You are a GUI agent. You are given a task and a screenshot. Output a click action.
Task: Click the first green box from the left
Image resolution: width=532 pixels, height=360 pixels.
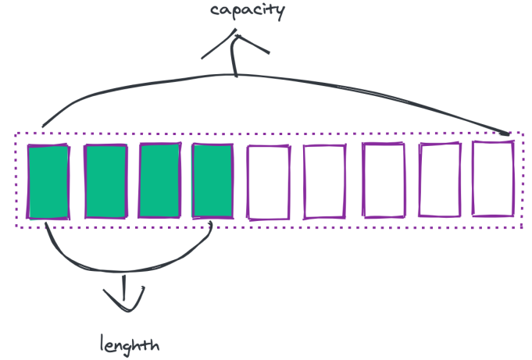pyautogui.click(x=48, y=181)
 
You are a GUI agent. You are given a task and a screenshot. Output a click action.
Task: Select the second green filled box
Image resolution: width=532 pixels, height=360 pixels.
pyautogui.click(x=105, y=181)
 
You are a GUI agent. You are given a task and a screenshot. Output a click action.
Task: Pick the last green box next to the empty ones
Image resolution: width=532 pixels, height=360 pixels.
pyautogui.click(x=212, y=181)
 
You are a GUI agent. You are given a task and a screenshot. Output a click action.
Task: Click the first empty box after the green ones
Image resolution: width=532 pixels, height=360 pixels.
pyautogui.click(x=268, y=181)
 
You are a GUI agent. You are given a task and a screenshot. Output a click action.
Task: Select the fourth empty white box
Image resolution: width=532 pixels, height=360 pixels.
pyautogui.click(x=439, y=181)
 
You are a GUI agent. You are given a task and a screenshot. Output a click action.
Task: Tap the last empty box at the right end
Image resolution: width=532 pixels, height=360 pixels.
pyautogui.click(x=494, y=178)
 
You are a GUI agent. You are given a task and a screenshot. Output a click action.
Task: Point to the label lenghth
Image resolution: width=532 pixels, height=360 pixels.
pyautogui.click(x=130, y=343)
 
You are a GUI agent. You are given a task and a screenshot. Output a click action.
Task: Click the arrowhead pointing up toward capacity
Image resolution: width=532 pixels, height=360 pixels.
pyautogui.click(x=234, y=43)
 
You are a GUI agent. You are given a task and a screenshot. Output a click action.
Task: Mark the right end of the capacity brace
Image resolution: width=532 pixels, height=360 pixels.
pyautogui.click(x=509, y=133)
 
